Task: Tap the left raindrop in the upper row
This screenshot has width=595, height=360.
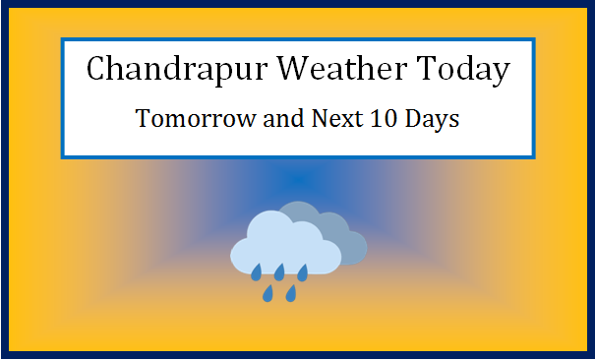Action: pyautogui.click(x=256, y=270)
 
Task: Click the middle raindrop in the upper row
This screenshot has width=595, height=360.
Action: pyautogui.click(x=279, y=270)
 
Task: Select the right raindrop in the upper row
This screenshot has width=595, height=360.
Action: pyautogui.click(x=303, y=270)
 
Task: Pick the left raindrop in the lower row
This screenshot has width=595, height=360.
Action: pyautogui.click(x=268, y=293)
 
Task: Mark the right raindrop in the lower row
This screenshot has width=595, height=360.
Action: pyautogui.click(x=291, y=293)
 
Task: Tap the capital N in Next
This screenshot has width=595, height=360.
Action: pyautogui.click(x=313, y=119)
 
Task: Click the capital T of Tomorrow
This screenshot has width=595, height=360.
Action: pyautogui.click(x=143, y=119)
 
